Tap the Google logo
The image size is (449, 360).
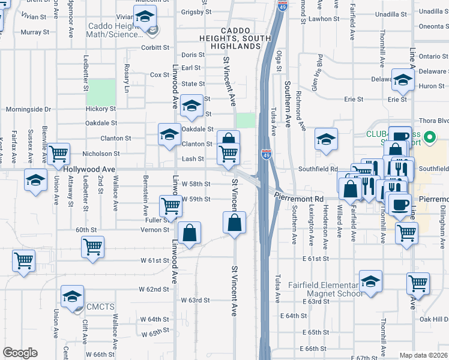tap(20, 353)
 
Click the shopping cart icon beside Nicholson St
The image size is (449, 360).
tap(59, 154)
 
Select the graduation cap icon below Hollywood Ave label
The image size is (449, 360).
tap(35, 179)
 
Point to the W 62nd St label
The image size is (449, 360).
tap(154, 289)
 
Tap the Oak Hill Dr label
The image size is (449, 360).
tap(435, 319)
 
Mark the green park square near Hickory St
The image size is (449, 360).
tap(101, 92)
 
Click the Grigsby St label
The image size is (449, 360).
tap(197, 11)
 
